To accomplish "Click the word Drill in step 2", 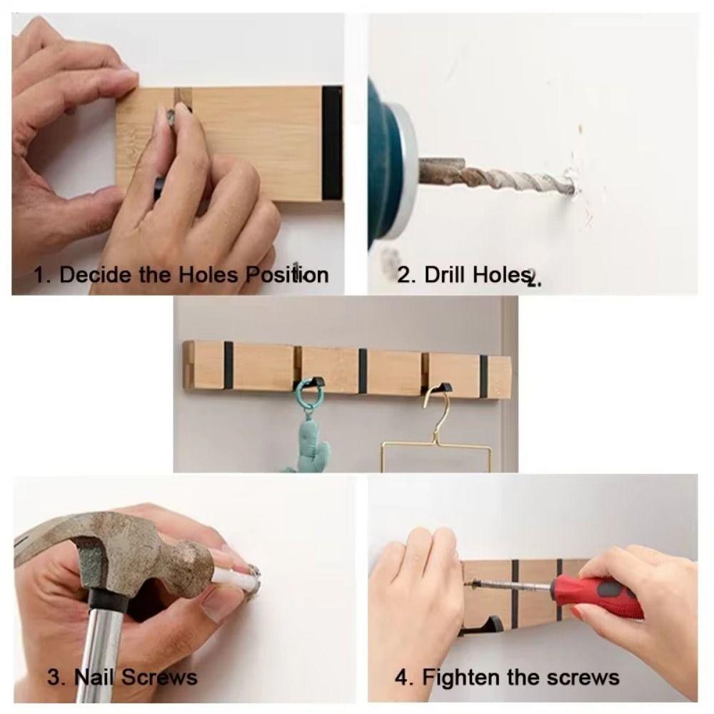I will point(445,276).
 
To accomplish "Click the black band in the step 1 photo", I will point(331,143).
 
